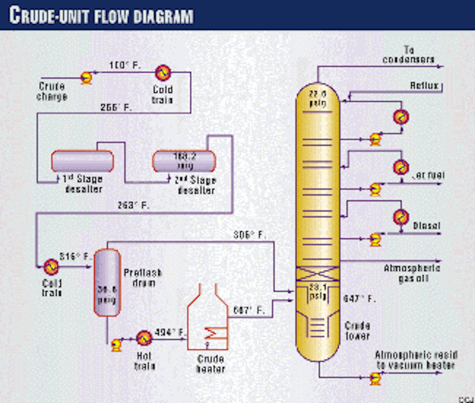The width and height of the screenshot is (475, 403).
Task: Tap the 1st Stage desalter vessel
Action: (82, 161)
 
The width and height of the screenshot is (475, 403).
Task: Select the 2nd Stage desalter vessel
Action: (184, 161)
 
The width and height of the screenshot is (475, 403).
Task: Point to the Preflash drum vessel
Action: (107, 282)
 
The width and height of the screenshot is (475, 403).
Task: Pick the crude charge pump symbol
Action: (86, 78)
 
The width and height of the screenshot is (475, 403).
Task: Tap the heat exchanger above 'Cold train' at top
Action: (163, 73)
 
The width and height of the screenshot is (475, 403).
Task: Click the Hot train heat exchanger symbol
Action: (144, 338)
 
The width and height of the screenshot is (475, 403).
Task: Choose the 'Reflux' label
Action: (424, 85)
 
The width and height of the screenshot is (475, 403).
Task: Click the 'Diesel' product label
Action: (426, 226)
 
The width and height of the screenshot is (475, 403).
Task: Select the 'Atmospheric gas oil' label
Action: (412, 273)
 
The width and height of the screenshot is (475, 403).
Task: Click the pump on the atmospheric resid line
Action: (375, 378)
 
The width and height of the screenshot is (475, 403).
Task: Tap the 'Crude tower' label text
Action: (357, 331)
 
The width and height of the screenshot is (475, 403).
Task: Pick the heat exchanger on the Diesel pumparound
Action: (401, 217)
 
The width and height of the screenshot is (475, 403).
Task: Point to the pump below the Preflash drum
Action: (116, 344)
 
